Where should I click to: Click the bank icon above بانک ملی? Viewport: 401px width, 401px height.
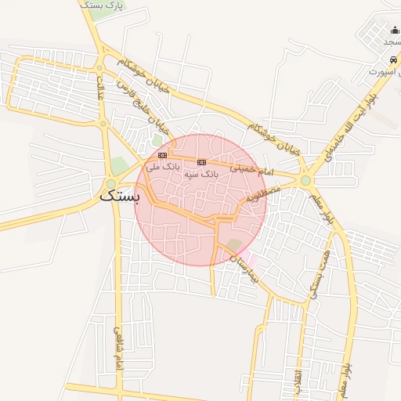point(162,155)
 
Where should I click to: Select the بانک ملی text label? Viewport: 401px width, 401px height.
point(163,167)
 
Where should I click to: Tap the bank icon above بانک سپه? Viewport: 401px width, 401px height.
point(201,161)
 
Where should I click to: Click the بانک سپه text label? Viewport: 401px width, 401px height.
point(201,173)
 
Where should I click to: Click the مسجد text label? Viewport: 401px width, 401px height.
point(392,42)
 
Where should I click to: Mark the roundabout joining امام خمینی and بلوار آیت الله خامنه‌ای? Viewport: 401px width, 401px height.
point(305,181)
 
